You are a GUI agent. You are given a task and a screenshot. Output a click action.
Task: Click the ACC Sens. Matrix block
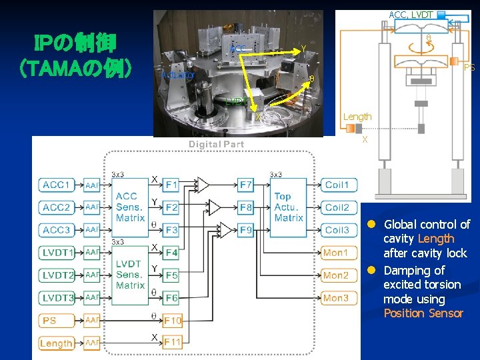tap(130, 207)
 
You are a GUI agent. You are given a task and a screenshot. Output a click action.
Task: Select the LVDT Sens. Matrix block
tap(130, 275)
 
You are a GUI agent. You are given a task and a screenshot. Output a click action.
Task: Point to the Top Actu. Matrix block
tap(289, 207)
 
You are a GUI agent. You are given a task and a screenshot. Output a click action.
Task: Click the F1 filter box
tap(171, 185)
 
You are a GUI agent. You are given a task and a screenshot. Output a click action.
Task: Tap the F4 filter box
tap(171, 253)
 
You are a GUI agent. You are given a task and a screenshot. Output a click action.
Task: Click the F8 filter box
tap(246, 207)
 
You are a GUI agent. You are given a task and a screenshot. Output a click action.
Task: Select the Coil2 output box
tap(337, 207)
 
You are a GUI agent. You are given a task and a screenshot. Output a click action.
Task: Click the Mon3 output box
tap(337, 298)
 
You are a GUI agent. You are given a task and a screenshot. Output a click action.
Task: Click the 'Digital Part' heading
tap(216, 145)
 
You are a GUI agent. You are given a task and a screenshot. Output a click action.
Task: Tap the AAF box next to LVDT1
tap(92, 253)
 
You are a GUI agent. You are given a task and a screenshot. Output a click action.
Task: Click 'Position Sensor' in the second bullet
tap(423, 313)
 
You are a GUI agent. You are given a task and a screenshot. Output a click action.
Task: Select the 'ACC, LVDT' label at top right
tap(411, 14)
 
